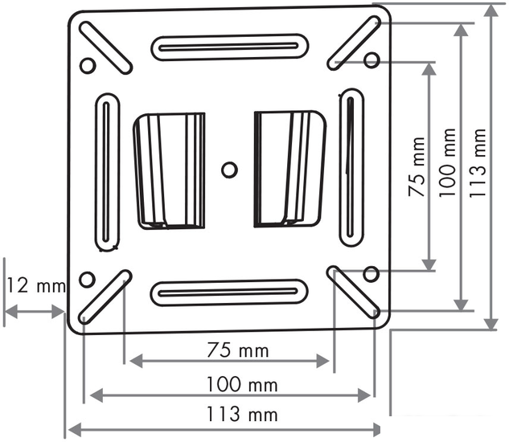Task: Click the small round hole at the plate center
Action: [x=229, y=170]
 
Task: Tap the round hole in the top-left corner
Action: [x=88, y=66]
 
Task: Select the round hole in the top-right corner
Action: [x=371, y=60]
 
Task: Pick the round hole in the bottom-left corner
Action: [x=87, y=280]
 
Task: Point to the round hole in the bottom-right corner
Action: [x=371, y=274]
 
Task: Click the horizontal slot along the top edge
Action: [x=229, y=47]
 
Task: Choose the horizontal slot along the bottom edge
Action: [x=229, y=293]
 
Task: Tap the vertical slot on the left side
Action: [x=107, y=172]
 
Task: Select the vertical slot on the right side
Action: [x=351, y=167]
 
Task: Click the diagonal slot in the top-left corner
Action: [x=105, y=47]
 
